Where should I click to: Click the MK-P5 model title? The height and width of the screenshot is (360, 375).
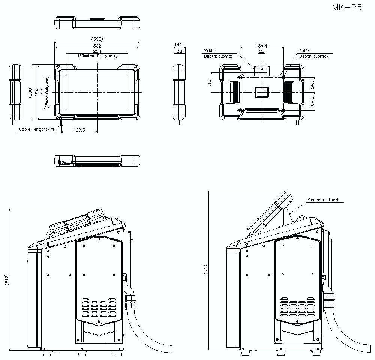tap(346, 8)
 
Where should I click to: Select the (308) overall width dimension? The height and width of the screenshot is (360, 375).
tap(97, 39)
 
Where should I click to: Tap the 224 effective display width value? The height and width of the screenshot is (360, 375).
tap(97, 51)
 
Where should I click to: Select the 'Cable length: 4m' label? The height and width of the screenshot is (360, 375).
tap(37, 130)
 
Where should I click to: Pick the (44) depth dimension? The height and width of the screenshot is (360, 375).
tap(179, 44)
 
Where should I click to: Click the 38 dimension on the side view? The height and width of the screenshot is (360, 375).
tap(179, 51)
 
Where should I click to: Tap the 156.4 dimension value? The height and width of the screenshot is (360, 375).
tap(261, 46)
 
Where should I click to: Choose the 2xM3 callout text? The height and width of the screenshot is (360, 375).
tap(210, 50)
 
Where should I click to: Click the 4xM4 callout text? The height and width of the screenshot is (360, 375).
tap(304, 50)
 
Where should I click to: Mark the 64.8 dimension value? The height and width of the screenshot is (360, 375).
tap(312, 101)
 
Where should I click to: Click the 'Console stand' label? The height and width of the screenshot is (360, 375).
tap(322, 200)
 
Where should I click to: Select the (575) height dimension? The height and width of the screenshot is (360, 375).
tap(205, 271)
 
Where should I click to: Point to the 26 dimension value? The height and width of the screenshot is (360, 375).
tap(261, 51)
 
